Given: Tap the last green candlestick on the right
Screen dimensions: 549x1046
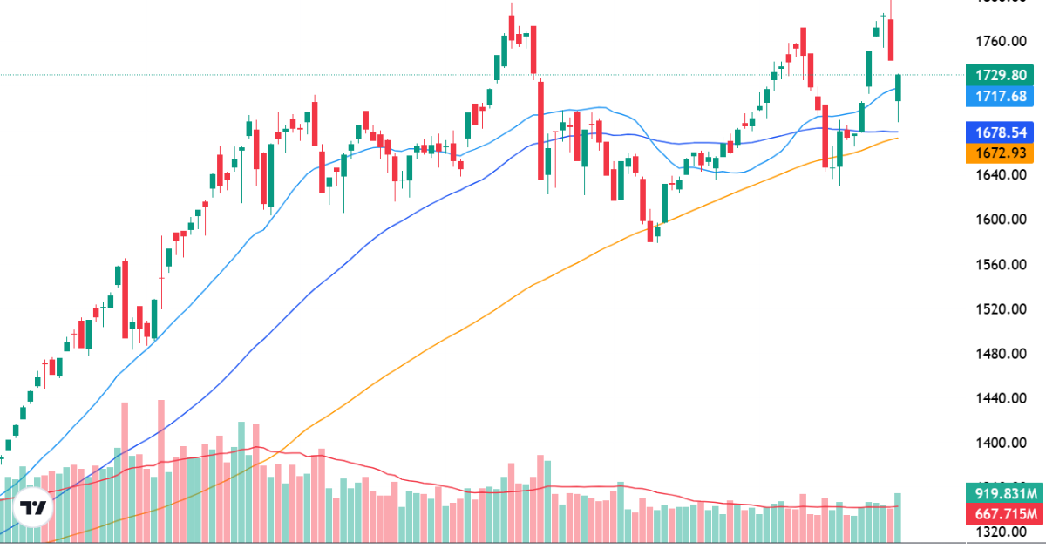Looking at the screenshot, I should tap(899, 87).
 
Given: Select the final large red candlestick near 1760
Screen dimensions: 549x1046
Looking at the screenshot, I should tap(891, 40).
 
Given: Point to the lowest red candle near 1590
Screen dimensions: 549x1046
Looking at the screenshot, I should tap(651, 231).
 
